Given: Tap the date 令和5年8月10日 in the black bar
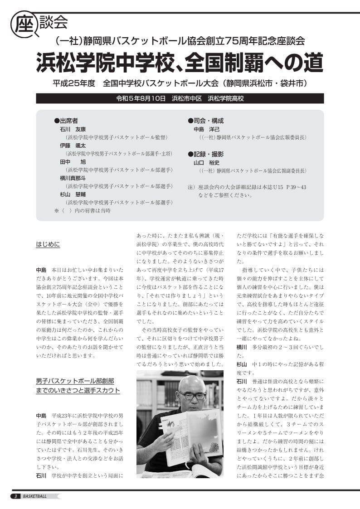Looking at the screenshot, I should pos(141,98).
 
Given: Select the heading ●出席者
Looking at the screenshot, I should pos(66,121).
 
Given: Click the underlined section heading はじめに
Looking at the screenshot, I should pos(48,245).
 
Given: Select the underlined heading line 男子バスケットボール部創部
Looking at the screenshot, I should pos(75,381).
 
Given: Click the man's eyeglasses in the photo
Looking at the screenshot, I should pos(192,396).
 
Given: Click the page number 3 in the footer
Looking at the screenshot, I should pos(15,496).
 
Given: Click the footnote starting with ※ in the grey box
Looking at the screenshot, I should pos(82,211).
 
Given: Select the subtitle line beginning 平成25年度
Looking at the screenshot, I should pos(180,83).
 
